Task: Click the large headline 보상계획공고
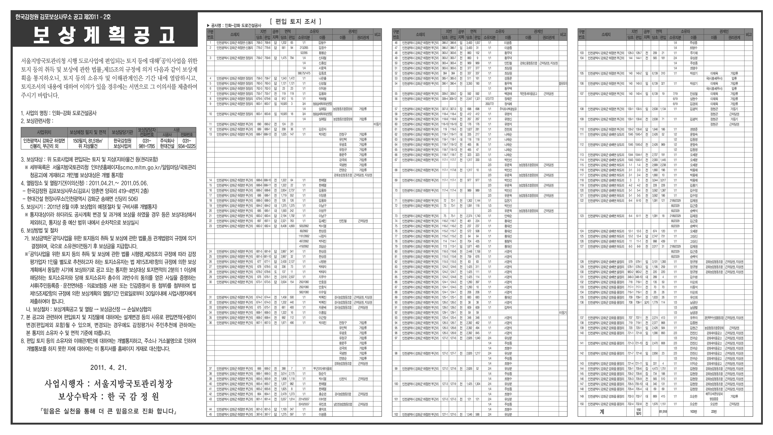tap(104, 35)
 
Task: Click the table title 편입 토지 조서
tap(296, 22)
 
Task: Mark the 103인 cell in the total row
tap(693, 412)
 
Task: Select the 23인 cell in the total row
tap(714, 412)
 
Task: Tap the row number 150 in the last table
tap(582, 404)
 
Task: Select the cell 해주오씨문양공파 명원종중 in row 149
tap(714, 396)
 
